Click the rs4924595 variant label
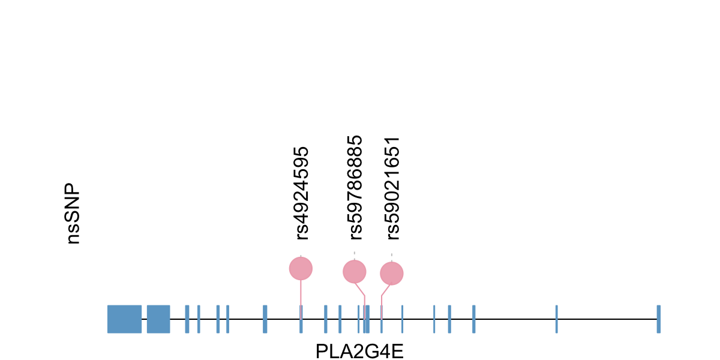pos(302,193)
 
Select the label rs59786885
pos(356,187)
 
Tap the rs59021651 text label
pos(393,187)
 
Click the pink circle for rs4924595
pos(301,268)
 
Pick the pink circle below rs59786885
pos(355,272)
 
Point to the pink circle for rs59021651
pos(392,274)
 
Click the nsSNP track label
pos(73,214)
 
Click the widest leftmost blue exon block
pos(124,319)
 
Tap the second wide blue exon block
pos(158,319)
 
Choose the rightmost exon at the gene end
pos(658,319)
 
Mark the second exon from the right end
pos(557,319)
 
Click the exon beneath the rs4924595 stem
pos(301,319)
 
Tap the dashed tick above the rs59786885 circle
pos(355,255)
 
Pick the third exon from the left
pos(187,319)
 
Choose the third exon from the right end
pos(473,319)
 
